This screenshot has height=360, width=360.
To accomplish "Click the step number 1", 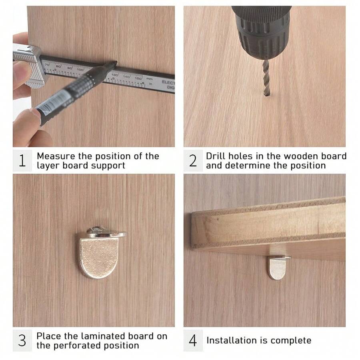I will click(22, 161).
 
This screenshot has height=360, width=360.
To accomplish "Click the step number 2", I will click(193, 161).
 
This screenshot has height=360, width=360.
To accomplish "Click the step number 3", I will click(22, 340).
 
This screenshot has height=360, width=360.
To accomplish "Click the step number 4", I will click(193, 341).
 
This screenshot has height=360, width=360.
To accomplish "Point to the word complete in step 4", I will click(291, 340).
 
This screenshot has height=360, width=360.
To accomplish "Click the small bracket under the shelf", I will click(277, 267).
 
